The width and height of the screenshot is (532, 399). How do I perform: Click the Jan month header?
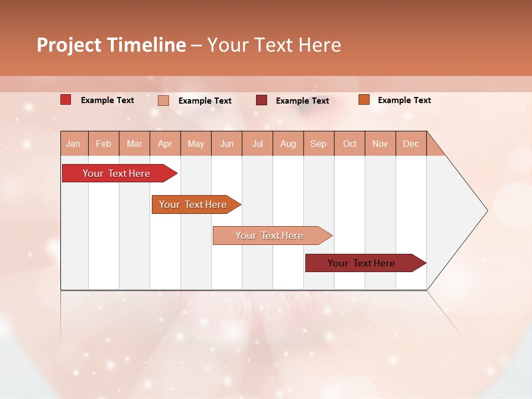tap(73, 144)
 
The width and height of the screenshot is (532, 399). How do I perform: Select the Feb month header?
tap(104, 144)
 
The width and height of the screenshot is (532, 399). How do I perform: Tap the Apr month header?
tap(165, 144)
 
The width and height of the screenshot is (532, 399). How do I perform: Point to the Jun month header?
tap(227, 144)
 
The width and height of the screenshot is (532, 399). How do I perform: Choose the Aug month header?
tap(288, 144)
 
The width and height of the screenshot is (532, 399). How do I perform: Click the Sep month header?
tap(318, 144)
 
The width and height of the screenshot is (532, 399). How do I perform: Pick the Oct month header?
tap(350, 144)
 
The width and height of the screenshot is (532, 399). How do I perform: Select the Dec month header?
tap(411, 144)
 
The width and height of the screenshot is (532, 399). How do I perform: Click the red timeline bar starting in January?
tap(116, 173)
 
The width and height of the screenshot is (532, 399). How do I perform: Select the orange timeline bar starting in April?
tap(193, 204)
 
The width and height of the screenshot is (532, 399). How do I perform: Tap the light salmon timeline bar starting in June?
tap(269, 236)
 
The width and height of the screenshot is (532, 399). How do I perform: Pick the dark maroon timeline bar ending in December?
tap(361, 263)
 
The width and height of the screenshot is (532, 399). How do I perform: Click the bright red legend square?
tap(65, 100)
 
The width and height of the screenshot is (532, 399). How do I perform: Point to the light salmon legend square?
tap(163, 100)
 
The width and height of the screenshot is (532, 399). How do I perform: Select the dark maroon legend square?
tap(261, 100)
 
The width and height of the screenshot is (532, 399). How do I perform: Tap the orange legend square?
tap(364, 100)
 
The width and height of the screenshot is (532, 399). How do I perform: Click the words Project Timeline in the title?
tap(111, 45)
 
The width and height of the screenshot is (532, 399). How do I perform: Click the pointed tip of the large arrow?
tap(486, 211)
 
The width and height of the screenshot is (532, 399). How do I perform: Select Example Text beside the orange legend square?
tap(404, 100)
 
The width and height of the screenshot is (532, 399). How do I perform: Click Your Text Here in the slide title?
tap(274, 45)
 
